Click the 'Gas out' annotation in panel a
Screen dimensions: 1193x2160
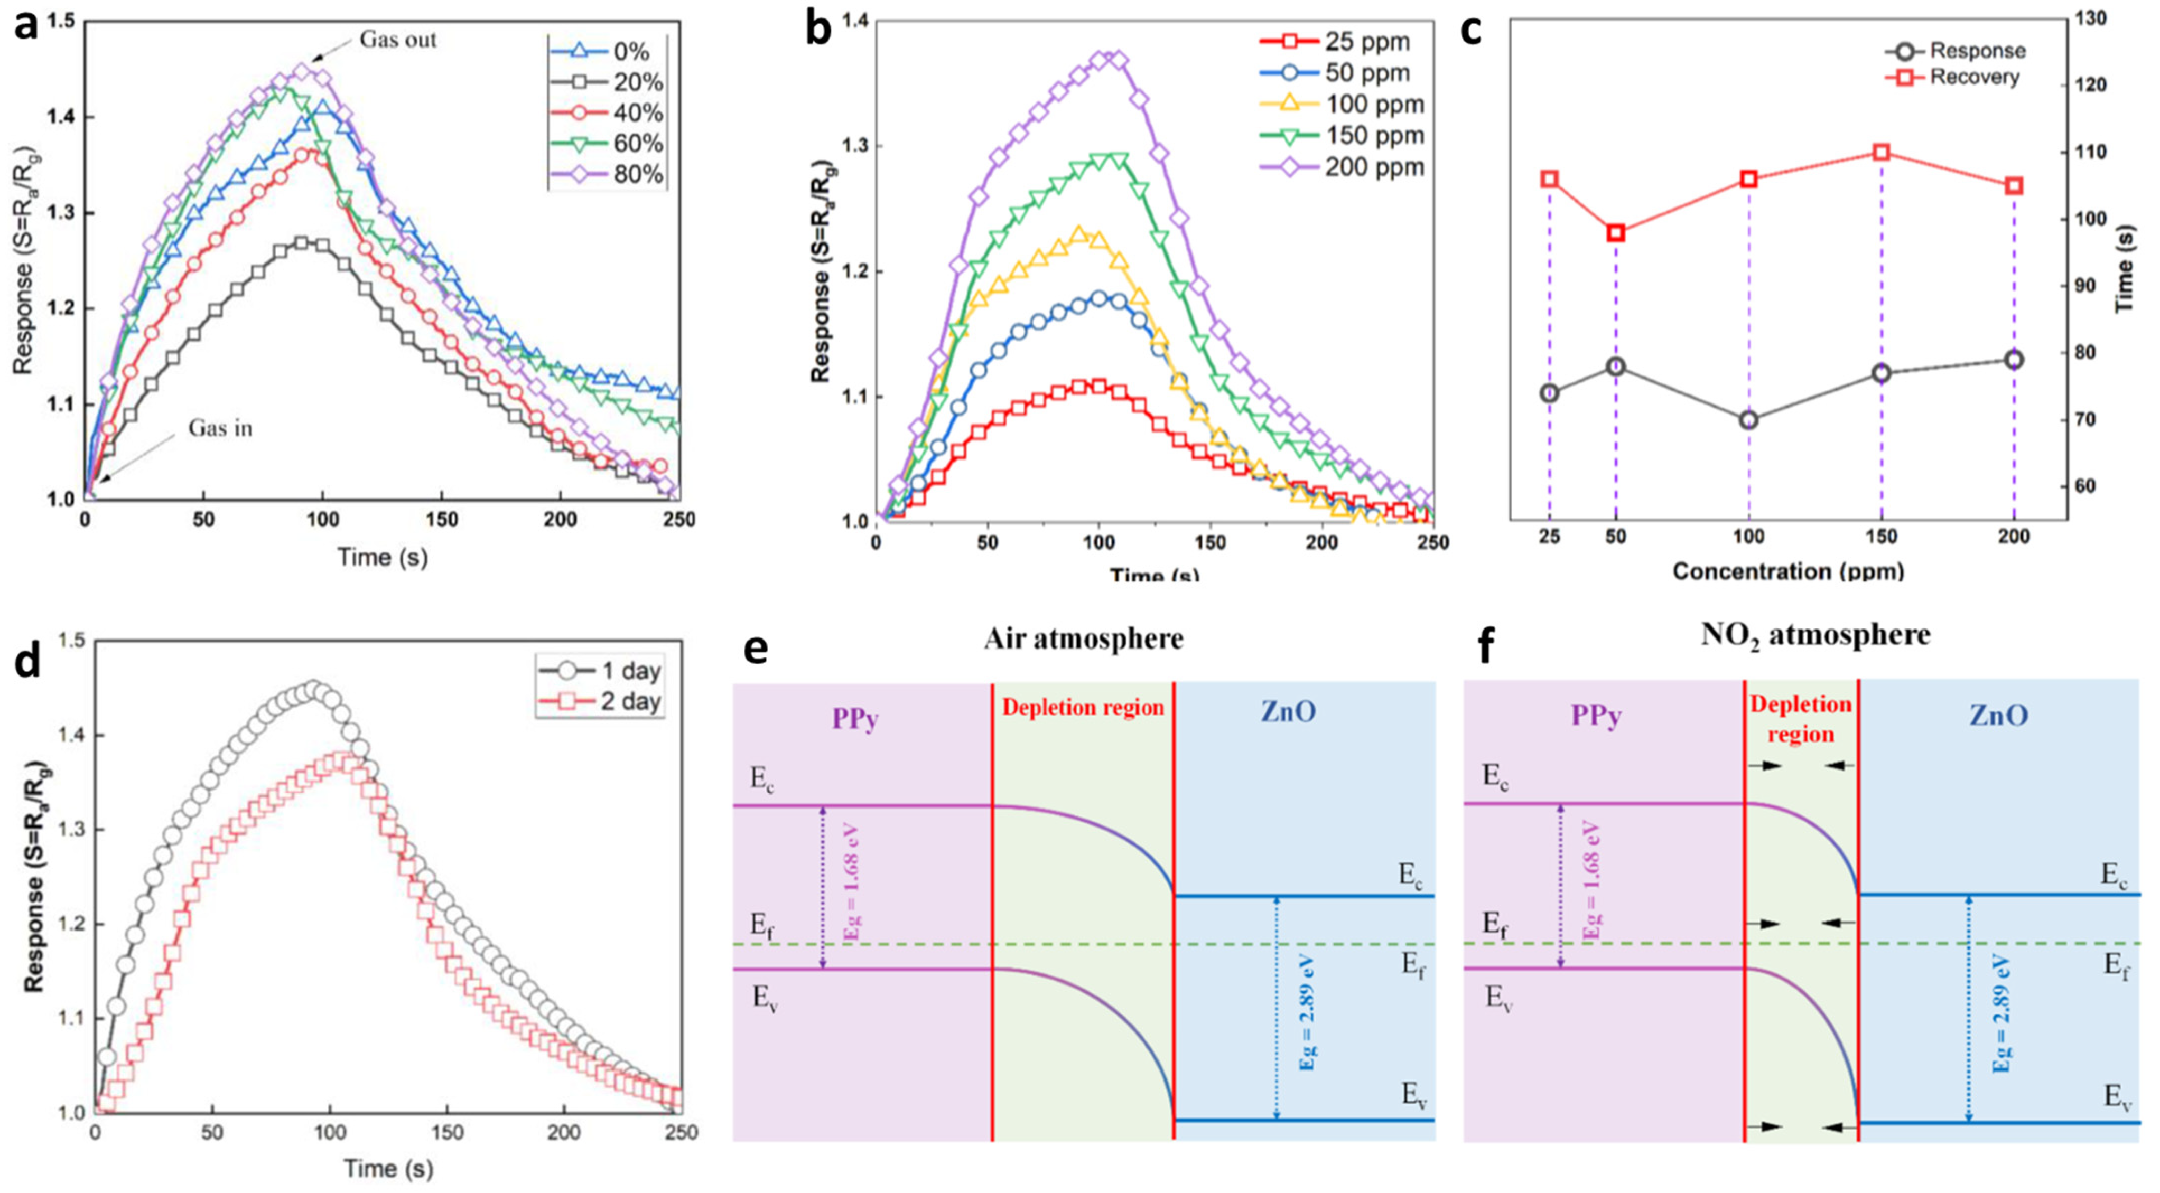(x=398, y=40)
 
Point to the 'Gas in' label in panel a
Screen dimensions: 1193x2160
(x=220, y=428)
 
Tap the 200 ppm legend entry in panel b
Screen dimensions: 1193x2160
(x=1373, y=167)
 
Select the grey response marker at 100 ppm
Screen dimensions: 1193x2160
(x=1749, y=420)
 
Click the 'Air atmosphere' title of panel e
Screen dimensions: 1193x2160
(x=1084, y=639)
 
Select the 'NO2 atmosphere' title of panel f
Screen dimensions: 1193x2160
(x=1815, y=635)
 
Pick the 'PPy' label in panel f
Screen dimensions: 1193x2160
(x=1596, y=717)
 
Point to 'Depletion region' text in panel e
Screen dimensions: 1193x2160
(x=1083, y=708)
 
